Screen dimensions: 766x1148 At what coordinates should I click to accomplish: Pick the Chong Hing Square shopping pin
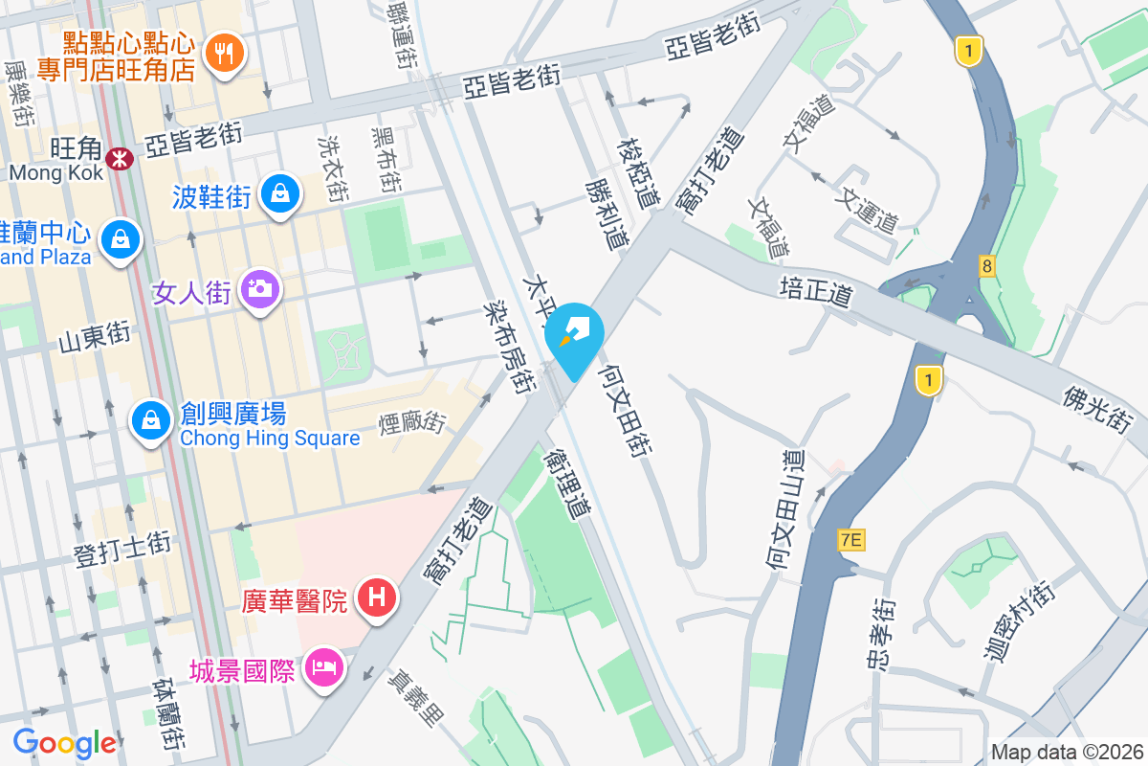click(x=151, y=418)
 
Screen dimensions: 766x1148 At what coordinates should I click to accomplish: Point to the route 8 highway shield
click(x=986, y=265)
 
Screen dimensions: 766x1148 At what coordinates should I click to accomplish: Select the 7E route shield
click(x=850, y=540)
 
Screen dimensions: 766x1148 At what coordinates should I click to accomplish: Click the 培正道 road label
click(x=815, y=291)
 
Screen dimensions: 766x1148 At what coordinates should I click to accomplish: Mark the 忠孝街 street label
click(x=885, y=635)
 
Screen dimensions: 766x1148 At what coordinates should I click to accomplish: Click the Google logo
click(x=64, y=743)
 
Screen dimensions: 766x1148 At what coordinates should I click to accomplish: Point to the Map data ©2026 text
click(x=1066, y=752)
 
